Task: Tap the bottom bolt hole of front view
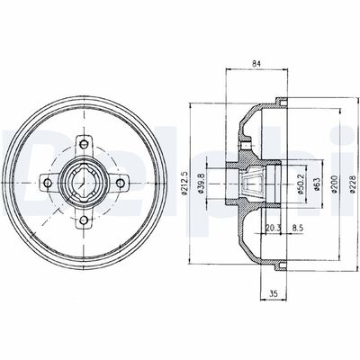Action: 84,219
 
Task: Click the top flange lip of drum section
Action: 278,100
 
